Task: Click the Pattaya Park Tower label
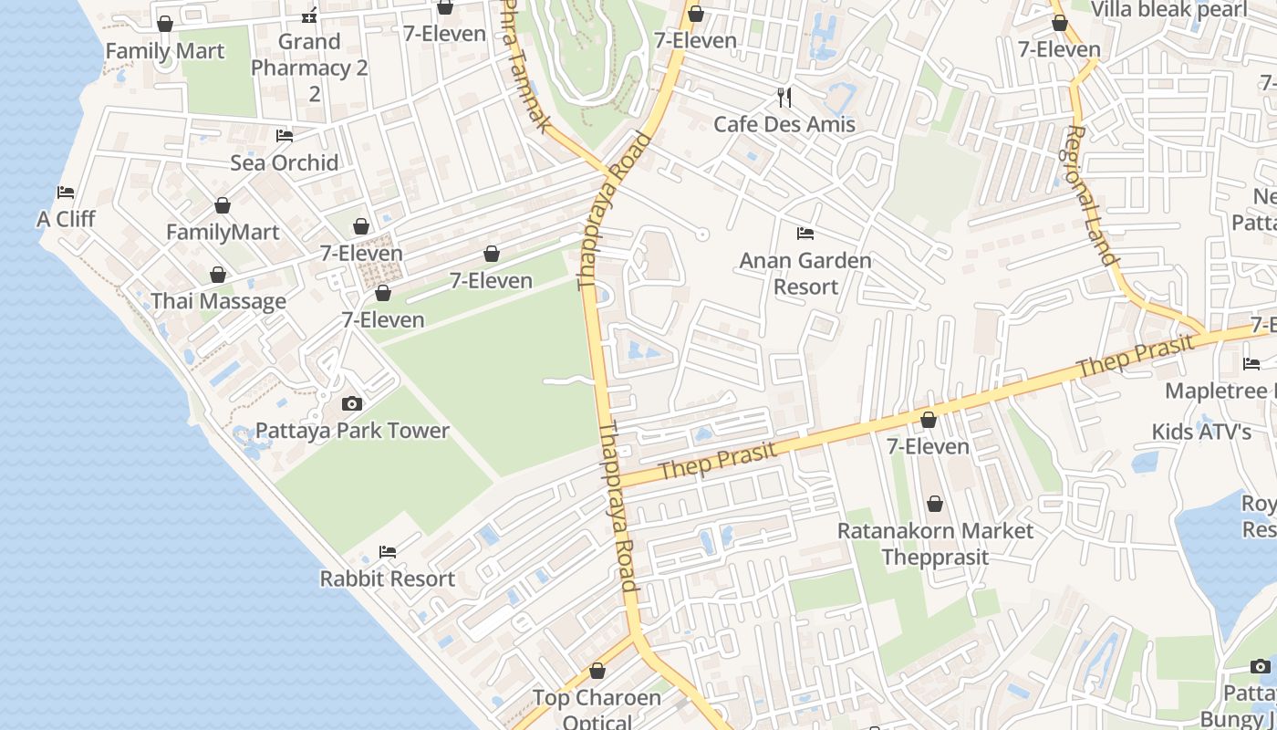[x=352, y=431]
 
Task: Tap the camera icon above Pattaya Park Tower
[x=351, y=403]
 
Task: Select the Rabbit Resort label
[x=387, y=579]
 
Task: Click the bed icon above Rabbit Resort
[x=387, y=552]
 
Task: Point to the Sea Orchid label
[x=284, y=162]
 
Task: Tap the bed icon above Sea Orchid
[x=285, y=136]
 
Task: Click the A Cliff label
[x=66, y=219]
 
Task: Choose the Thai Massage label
[x=218, y=301]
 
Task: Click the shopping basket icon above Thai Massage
[x=218, y=275]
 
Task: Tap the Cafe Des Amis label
[x=784, y=124]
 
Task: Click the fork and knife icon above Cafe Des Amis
[x=784, y=97]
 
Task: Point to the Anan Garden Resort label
[x=805, y=273]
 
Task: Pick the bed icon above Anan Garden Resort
[x=805, y=234]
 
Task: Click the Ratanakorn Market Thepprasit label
[x=935, y=544]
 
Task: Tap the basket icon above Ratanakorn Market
[x=935, y=504]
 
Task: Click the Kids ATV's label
[x=1200, y=431]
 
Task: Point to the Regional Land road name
[x=1091, y=195]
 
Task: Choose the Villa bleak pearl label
[x=1168, y=10]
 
